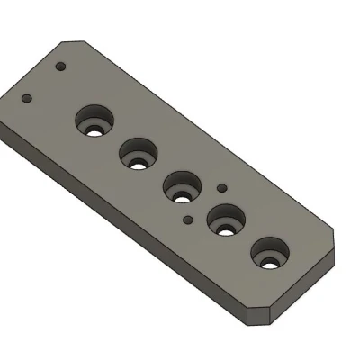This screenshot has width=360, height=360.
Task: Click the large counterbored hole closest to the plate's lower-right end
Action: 269,254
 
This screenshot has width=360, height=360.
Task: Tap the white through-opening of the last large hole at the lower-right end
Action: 269,262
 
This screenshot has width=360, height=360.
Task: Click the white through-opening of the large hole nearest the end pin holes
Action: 94,130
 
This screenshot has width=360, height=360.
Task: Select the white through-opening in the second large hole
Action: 138,162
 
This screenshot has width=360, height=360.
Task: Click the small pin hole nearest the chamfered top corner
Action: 61,67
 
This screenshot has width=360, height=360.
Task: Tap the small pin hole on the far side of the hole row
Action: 221,188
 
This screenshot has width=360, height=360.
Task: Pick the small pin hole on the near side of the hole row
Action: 187,219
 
